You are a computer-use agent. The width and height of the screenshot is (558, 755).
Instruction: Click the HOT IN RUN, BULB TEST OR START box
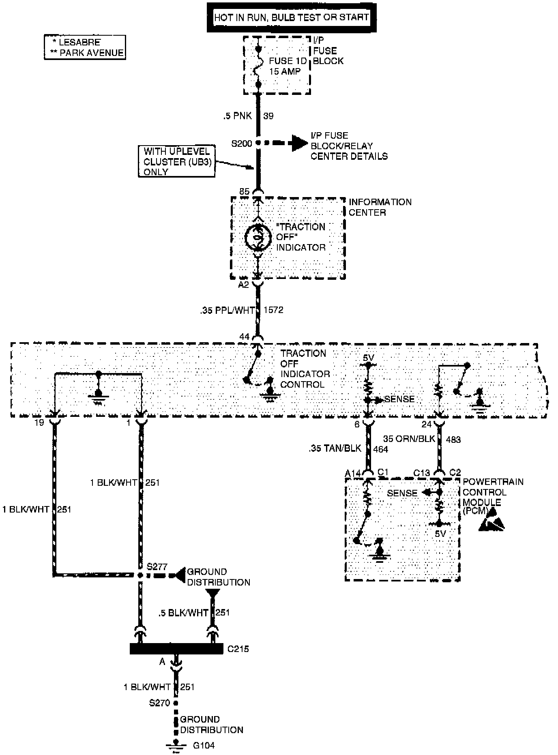click(x=291, y=17)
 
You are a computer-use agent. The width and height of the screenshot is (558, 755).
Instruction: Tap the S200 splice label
click(x=241, y=144)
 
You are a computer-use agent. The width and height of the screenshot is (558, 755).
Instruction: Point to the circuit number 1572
click(x=273, y=310)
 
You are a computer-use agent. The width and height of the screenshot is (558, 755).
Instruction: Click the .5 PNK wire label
click(x=237, y=116)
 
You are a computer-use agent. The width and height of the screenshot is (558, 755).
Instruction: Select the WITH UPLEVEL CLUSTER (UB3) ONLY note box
click(x=176, y=162)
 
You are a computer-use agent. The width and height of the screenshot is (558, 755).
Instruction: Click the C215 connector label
click(x=238, y=649)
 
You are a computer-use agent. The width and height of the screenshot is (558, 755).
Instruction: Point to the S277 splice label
click(x=157, y=566)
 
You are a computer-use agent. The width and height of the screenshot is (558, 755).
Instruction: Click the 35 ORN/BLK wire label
click(x=409, y=439)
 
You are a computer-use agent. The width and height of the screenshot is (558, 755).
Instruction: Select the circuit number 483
click(x=453, y=439)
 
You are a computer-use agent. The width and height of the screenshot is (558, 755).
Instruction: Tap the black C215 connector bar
click(x=176, y=649)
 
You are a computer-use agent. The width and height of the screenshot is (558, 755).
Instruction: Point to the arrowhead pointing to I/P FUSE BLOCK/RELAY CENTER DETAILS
click(x=299, y=143)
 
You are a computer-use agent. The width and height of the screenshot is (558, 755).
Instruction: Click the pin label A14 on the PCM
click(x=353, y=473)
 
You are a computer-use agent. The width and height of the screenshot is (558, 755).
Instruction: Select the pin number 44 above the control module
click(x=244, y=337)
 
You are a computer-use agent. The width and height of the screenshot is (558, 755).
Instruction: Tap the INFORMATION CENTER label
click(x=380, y=207)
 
